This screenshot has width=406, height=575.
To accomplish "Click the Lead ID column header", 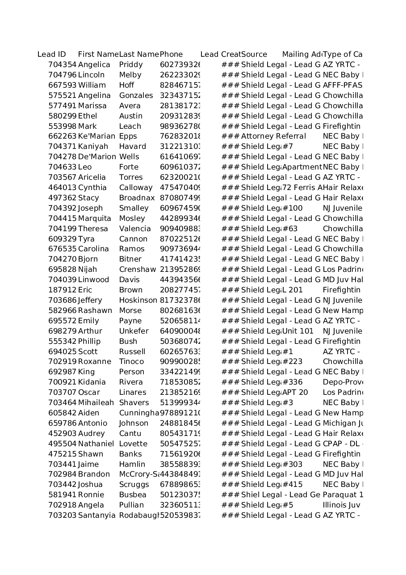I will [51, 55].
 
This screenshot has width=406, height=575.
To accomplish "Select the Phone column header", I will [171, 55].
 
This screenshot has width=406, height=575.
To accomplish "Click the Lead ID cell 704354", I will [62, 65].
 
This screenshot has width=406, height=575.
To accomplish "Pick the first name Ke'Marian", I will [96, 136].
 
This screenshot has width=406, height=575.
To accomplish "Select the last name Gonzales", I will [136, 96].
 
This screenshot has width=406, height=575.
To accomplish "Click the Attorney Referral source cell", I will [273, 136].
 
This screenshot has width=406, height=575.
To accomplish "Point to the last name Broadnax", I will [137, 198].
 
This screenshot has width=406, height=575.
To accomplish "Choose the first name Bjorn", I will [88, 259].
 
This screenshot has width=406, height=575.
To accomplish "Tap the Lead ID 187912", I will [62, 290].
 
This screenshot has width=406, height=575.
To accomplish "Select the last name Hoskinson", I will [138, 300].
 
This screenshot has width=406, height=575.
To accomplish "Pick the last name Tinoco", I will [131, 362].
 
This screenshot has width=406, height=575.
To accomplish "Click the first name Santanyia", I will [96, 516].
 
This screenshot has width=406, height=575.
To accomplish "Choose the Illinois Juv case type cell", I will [341, 505].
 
